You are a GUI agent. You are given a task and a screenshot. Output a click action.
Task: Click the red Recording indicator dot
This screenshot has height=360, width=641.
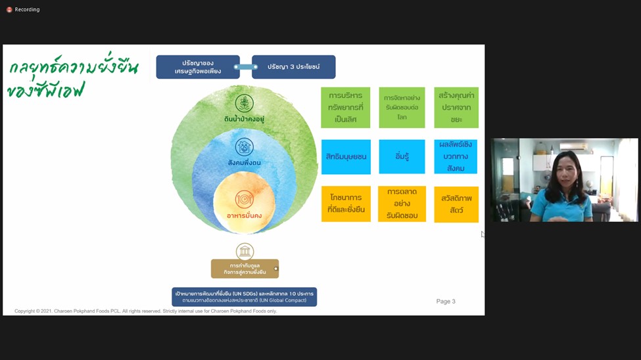coord(9,10)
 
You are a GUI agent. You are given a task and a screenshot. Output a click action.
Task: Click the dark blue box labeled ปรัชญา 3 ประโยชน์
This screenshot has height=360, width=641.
coord(293,67)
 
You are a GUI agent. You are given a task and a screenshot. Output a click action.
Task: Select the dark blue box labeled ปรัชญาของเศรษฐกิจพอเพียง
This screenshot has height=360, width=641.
coord(197,67)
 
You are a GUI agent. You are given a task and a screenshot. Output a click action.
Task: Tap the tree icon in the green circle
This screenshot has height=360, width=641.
coord(245,103)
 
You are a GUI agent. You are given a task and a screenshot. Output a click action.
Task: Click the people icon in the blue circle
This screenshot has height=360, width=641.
coord(245,146)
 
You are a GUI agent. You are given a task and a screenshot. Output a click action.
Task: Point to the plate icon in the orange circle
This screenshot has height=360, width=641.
coord(244,199)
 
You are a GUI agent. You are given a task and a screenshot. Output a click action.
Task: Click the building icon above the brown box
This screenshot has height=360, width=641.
coord(245,251)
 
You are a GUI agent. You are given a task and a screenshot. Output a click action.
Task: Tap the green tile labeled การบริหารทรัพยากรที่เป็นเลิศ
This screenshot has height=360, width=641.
coord(345,108)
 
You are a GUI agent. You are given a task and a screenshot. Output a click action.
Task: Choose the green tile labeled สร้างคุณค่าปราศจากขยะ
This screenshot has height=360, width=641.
coord(456,108)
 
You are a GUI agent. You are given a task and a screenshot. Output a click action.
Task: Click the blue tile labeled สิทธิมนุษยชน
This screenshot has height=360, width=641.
coord(346,157)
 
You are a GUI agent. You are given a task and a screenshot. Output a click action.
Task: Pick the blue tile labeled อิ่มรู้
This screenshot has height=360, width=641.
coord(402,157)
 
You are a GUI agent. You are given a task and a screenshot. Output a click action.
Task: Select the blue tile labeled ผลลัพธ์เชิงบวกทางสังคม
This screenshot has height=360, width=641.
coord(456,156)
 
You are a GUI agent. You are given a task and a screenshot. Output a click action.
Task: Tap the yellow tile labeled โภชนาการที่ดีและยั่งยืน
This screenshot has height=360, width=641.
coord(346,204)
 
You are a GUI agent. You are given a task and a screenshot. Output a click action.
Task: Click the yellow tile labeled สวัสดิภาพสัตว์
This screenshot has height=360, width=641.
coord(456,204)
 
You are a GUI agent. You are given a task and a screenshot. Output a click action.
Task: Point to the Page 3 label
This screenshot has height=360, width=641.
coord(446,302)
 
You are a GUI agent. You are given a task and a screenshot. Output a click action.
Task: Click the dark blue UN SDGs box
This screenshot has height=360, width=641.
coord(245,297)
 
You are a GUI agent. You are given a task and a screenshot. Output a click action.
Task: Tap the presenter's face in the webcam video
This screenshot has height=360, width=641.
coord(566,168)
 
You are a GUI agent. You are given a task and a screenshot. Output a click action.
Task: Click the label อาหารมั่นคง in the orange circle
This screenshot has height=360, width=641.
coord(244,215)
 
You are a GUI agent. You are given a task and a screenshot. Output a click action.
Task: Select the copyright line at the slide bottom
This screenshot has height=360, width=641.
coord(145,311)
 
